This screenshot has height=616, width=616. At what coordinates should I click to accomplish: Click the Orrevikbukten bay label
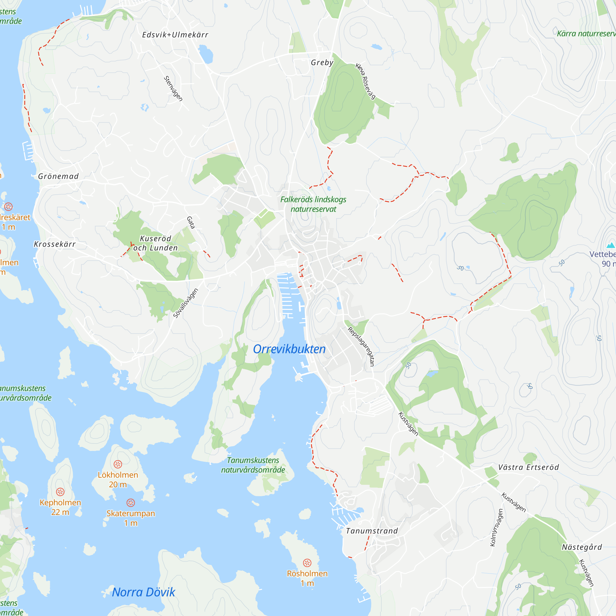[x=289, y=349]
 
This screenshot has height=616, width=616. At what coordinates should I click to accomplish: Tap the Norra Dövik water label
[x=144, y=592]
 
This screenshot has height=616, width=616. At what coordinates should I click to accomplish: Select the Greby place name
[x=322, y=63]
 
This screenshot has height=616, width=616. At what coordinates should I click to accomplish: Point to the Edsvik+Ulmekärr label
[x=175, y=35]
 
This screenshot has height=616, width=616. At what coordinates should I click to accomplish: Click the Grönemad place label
[x=58, y=176]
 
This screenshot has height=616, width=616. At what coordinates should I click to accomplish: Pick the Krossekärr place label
[x=55, y=244]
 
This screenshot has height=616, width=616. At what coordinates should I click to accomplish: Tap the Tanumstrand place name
[x=372, y=531]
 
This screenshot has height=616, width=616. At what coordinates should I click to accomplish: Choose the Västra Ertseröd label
[x=528, y=468]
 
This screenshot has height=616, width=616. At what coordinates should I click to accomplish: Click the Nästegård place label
[x=582, y=547]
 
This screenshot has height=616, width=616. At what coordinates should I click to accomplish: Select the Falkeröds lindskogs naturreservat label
[x=313, y=205]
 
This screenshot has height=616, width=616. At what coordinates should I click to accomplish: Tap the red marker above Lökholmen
[x=118, y=464]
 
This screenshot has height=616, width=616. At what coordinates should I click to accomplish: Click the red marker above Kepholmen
[x=60, y=492]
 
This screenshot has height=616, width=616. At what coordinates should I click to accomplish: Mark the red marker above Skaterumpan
[x=131, y=503]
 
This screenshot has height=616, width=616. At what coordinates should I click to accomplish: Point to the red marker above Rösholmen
[x=307, y=563]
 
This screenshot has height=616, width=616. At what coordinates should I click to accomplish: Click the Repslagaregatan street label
[x=361, y=346]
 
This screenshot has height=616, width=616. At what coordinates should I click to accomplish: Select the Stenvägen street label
[x=173, y=89]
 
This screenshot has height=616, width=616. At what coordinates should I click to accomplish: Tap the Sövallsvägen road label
[x=185, y=303]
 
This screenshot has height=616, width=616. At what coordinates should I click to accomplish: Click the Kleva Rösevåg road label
[x=366, y=81]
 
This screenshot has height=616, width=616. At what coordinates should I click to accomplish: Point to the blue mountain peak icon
[x=610, y=245]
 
